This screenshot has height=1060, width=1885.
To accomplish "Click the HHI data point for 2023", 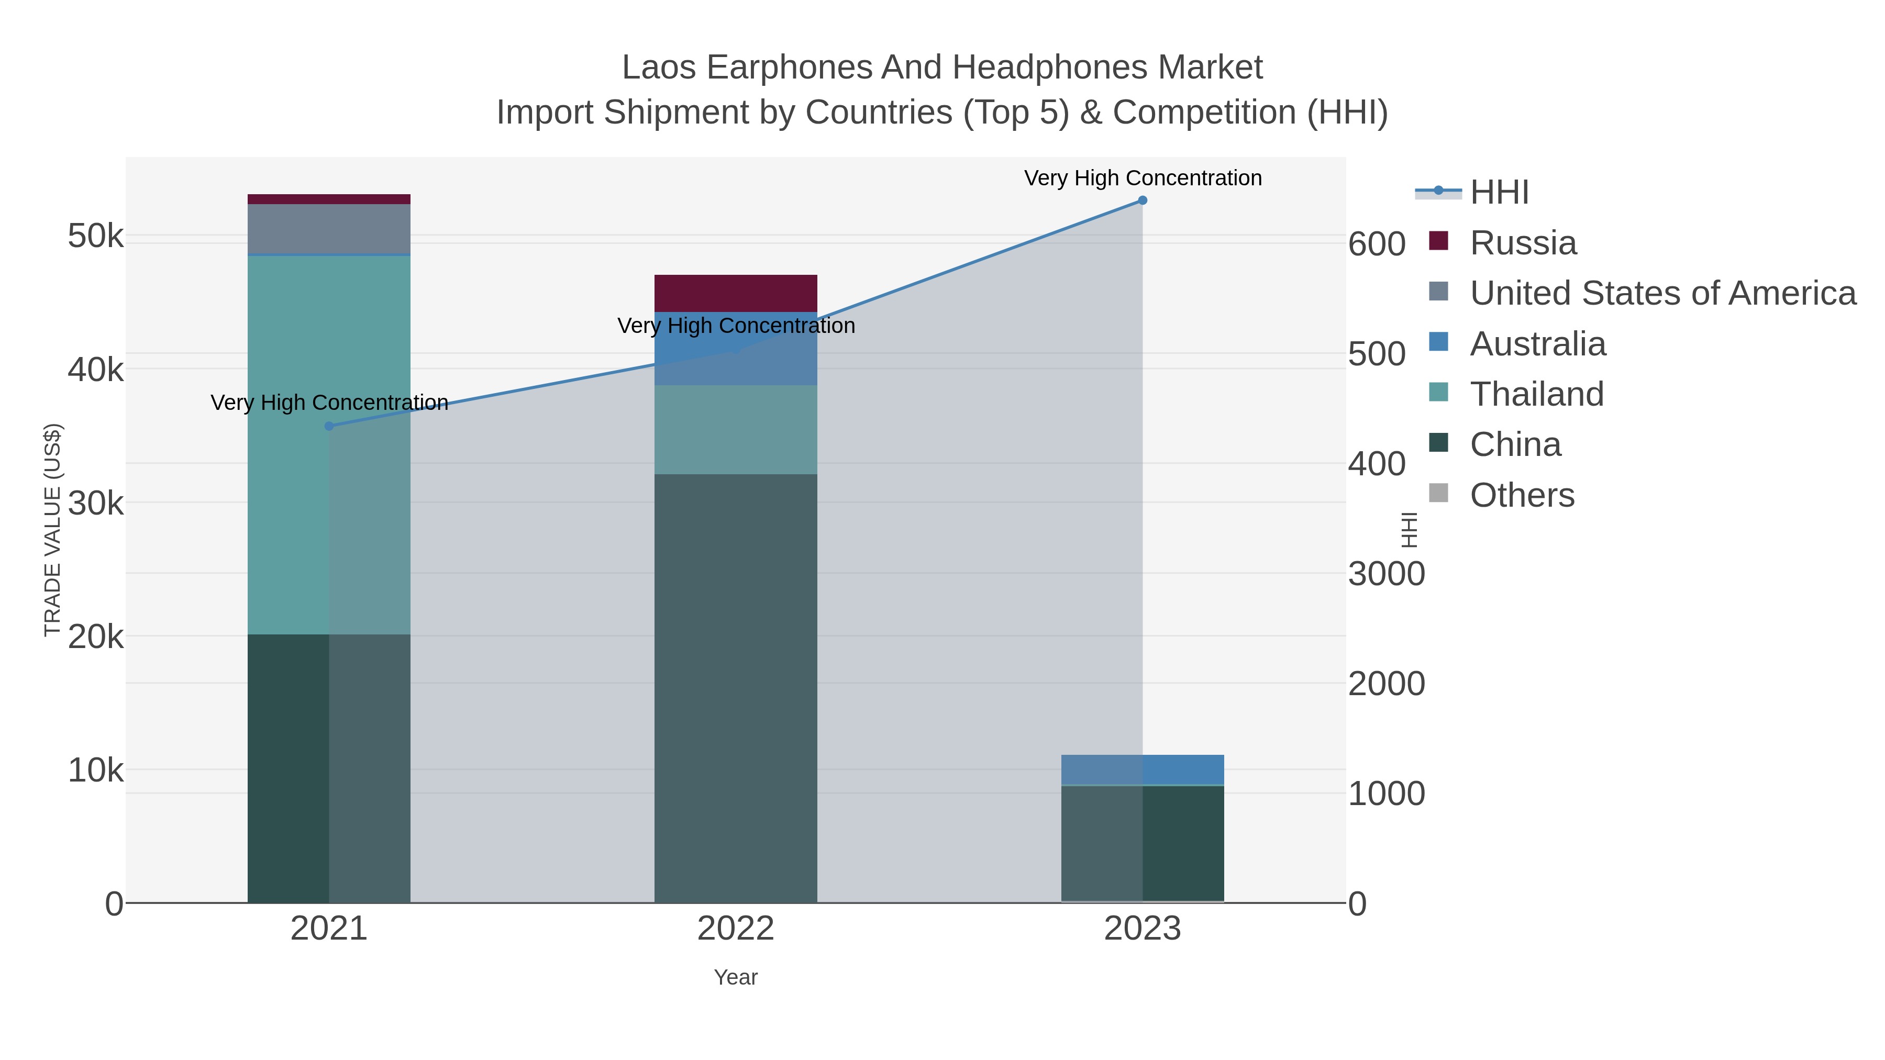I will pos(1143,200).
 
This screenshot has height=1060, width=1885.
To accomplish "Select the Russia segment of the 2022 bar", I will pos(736,293).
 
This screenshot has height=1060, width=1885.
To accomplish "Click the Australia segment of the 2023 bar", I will pos(1143,769).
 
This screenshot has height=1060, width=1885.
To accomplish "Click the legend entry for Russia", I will pos(1523,243).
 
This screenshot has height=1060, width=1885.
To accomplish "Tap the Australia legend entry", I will pos(1537,344).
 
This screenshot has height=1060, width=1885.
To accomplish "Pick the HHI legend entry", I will pos(1499,193).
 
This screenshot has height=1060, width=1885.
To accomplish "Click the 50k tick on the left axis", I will pos(95,236).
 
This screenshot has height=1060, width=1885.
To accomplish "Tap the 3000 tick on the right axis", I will pos(1387,574).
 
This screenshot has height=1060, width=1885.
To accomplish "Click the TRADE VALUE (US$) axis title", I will pos(53,530).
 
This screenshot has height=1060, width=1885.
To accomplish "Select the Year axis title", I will pos(736,977).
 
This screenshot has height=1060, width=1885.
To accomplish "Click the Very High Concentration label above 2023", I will pos(1143,178).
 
